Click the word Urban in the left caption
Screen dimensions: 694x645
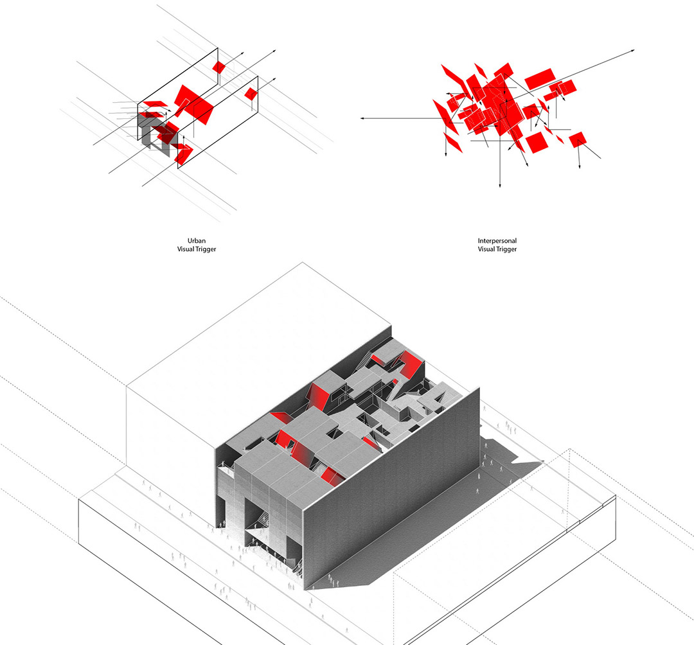pyautogui.click(x=197, y=241)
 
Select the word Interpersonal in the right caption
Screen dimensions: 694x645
pyautogui.click(x=497, y=241)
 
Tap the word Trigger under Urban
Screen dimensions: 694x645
pyautogui.click(x=206, y=249)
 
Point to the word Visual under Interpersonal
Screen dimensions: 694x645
pyautogui.click(x=486, y=249)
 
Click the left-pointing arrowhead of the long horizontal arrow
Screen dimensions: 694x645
pyautogui.click(x=362, y=119)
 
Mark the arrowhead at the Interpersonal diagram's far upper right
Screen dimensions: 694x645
pyautogui.click(x=633, y=51)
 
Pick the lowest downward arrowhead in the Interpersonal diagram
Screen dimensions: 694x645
pyautogui.click(x=500, y=186)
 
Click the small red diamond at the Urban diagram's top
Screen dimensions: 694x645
pyautogui.click(x=218, y=67)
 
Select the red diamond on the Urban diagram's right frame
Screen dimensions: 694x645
pyautogui.click(x=251, y=93)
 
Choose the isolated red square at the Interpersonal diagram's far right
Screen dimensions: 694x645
pyautogui.click(x=578, y=140)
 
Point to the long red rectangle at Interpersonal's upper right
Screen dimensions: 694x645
pyautogui.click(x=540, y=79)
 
